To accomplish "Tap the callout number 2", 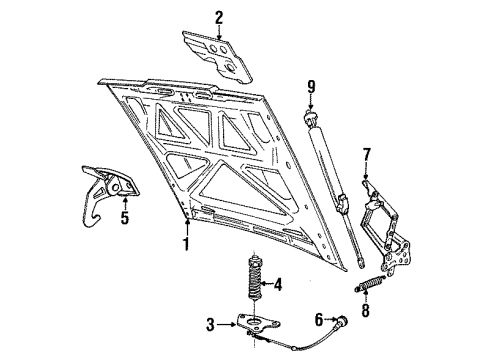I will [219, 16].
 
